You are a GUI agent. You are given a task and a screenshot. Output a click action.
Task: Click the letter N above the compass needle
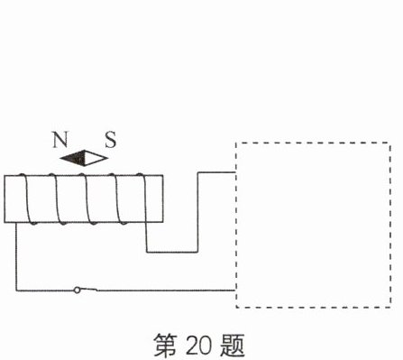[x=60, y=139]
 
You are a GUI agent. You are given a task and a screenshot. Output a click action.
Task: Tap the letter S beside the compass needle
[x=111, y=140]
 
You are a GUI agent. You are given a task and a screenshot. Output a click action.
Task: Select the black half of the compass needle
[x=74, y=158]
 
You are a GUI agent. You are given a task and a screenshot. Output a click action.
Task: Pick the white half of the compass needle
[x=96, y=158]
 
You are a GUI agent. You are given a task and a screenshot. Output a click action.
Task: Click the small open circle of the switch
[x=78, y=290]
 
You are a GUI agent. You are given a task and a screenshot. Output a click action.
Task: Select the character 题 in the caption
[x=232, y=346]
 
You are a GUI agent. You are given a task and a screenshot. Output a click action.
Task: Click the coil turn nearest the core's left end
[x=27, y=198]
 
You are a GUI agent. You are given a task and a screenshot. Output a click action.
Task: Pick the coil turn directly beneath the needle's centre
[x=87, y=198]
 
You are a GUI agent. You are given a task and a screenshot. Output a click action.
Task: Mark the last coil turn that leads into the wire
[x=142, y=198]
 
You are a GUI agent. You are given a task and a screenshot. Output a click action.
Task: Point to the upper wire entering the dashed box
[x=216, y=172]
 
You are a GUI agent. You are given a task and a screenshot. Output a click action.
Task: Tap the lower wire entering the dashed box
[x=166, y=291]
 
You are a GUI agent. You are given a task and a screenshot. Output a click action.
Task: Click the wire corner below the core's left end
[x=16, y=291]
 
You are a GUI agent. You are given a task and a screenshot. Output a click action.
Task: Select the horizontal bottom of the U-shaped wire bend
[x=172, y=252]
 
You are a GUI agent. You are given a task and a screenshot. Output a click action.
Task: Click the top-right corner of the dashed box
[x=390, y=143]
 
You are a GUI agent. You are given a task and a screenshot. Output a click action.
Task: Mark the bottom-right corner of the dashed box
[x=390, y=307]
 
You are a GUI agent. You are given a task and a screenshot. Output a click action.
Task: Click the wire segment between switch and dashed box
[x=166, y=291]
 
